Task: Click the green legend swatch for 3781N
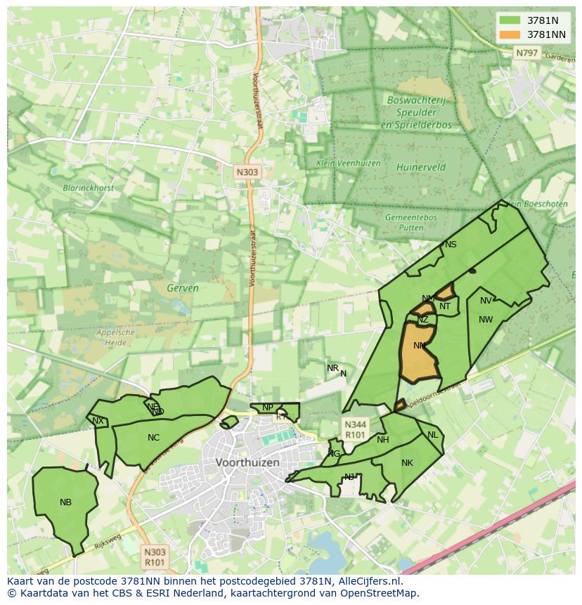[509, 20]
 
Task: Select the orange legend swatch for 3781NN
[509, 34]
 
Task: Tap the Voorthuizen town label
[247, 463]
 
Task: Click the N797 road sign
[525, 53]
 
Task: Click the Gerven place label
[183, 288]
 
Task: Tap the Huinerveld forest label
[420, 168]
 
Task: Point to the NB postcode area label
[65, 502]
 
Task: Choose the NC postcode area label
[153, 438]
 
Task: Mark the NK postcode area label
[407, 463]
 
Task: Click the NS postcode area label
[451, 245]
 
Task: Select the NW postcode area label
[486, 320]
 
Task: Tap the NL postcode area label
[432, 435]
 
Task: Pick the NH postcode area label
[382, 440]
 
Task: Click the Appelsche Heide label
[115, 337]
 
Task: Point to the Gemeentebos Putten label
[411, 223]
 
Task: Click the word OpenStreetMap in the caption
[379, 593]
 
